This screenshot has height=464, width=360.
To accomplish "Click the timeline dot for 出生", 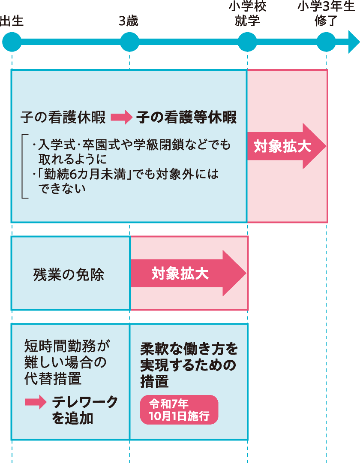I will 12,42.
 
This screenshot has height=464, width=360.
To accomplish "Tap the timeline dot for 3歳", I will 129,42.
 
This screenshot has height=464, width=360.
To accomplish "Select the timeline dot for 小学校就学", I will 247,42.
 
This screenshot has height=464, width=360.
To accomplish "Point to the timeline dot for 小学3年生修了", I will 326,42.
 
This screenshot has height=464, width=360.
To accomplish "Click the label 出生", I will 12,21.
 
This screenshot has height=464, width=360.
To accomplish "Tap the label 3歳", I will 129,21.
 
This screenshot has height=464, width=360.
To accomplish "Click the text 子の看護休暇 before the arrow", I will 63,118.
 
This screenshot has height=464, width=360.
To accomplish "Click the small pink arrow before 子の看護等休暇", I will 121,118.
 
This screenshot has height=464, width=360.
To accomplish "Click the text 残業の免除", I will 69,274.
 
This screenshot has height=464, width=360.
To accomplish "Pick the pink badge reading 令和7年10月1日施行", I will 179,410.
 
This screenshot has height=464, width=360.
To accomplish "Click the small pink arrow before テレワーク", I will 35,402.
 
